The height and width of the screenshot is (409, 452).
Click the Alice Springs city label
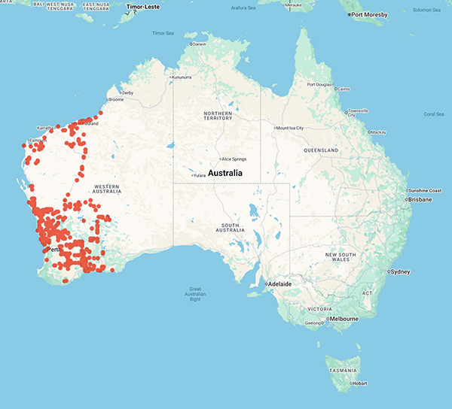[233, 159]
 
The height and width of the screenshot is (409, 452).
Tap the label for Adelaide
[280, 283]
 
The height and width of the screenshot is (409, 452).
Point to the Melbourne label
[344, 319]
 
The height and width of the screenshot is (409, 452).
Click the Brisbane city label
[421, 200]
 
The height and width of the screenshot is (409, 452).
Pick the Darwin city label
[200, 44]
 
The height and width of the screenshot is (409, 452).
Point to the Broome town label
[117, 99]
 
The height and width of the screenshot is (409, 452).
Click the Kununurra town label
[182, 77]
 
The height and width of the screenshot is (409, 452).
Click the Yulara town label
[200, 176]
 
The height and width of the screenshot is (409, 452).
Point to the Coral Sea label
[434, 114]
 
